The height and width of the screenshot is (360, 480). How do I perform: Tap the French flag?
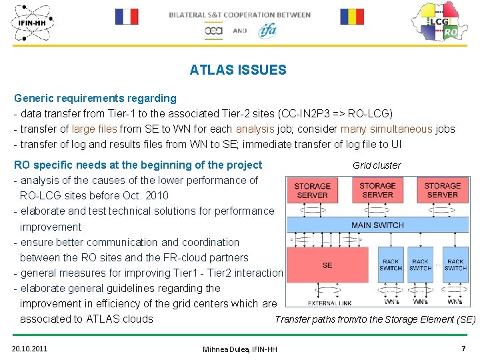point(126,17)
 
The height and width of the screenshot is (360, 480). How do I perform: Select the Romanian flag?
point(351,17)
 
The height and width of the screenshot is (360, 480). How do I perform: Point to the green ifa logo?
point(267,30)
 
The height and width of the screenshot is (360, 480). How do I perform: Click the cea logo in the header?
point(213,31)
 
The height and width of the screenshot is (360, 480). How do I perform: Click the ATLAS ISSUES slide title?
point(238,70)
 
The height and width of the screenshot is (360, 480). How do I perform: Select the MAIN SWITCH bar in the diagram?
point(377,225)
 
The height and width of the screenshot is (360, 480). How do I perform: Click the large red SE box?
point(327,265)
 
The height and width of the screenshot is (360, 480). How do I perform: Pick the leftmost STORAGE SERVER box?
point(312,190)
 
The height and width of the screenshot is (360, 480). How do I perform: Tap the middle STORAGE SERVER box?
point(377,190)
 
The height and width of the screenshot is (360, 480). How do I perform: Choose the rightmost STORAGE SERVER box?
point(442,190)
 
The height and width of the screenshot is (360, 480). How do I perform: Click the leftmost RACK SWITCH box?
point(391,265)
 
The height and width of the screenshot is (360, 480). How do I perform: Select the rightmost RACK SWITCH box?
point(455,265)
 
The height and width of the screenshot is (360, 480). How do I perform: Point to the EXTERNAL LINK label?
point(329,303)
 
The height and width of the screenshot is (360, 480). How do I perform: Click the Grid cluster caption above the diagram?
point(377,165)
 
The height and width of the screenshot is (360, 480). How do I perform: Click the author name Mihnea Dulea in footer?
point(240,349)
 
